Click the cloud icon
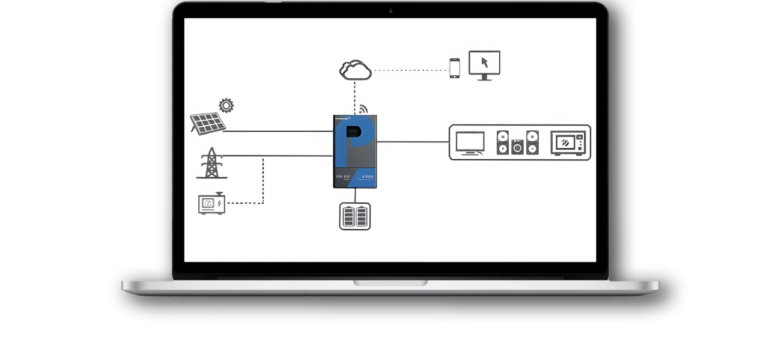355,70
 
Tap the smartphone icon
455,68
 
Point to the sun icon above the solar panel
226,106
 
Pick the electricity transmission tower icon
211,163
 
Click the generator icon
210,203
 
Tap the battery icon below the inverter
355,216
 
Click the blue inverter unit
355,151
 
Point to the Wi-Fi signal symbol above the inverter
363,109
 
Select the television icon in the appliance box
470,142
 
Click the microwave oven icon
567,142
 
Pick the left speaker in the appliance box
503,142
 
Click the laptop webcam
390,10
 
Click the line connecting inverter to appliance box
413,142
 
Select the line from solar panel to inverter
279,131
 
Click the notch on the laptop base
390,282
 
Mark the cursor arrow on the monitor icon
485,61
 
